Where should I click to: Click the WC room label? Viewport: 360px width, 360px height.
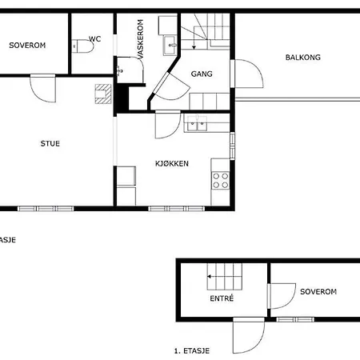(x=94, y=38)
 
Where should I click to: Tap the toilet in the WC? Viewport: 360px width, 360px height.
(x=86, y=48)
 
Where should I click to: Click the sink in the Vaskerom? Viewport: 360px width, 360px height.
(x=170, y=45)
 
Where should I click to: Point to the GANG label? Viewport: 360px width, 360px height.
(x=201, y=74)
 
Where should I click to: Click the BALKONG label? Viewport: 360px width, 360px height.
(x=302, y=58)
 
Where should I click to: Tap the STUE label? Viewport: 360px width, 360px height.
(x=50, y=144)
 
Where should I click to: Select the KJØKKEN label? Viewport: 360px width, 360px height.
(x=172, y=163)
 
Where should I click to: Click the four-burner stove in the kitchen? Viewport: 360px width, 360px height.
(x=221, y=180)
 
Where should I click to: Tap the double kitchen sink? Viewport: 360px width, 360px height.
(x=197, y=123)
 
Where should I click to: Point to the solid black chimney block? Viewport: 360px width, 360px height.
(x=122, y=96)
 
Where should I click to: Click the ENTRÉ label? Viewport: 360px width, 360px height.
(x=221, y=298)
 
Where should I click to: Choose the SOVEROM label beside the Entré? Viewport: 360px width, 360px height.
(x=318, y=292)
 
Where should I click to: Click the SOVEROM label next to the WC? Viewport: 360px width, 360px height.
(x=27, y=46)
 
